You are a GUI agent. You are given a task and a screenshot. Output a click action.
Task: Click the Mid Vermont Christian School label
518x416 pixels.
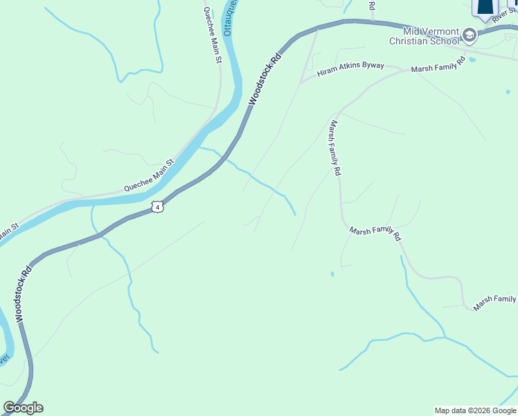point(424,37)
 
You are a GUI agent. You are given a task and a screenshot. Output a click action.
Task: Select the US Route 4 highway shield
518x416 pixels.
point(158,207)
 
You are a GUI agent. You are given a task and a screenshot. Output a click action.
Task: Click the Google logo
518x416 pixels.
point(23,408)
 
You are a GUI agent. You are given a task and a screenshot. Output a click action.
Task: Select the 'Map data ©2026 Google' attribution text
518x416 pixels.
point(475,410)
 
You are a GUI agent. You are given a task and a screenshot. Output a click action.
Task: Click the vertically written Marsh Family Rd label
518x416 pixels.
point(335,148)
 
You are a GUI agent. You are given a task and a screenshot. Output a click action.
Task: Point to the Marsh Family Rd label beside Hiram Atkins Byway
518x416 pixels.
point(440,69)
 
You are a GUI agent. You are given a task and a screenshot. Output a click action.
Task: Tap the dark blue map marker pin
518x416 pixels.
point(485,7)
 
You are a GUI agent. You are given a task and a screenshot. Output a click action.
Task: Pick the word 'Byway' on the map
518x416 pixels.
point(372,66)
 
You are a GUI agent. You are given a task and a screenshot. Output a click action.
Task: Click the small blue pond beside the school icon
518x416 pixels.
point(472,60)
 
